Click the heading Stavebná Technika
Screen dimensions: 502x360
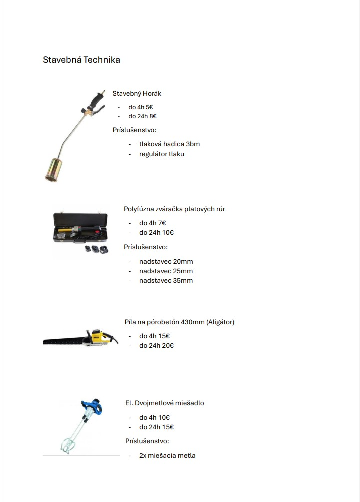click(x=81, y=60)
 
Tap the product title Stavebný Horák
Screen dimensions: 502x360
click(x=137, y=93)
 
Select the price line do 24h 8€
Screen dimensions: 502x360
click(x=142, y=116)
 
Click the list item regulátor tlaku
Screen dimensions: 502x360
click(x=162, y=154)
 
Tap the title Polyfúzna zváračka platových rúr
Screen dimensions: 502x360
click(x=174, y=209)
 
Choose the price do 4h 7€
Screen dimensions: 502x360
click(x=152, y=223)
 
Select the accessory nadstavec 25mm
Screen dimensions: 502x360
click(x=166, y=271)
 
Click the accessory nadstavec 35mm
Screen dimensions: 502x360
click(x=166, y=280)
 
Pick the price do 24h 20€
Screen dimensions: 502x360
click(x=156, y=345)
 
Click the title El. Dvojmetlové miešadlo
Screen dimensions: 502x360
click(x=164, y=403)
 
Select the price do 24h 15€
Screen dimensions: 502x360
click(x=156, y=427)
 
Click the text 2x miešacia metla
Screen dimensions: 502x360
click(x=167, y=455)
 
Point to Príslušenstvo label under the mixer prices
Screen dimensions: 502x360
click(x=147, y=441)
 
